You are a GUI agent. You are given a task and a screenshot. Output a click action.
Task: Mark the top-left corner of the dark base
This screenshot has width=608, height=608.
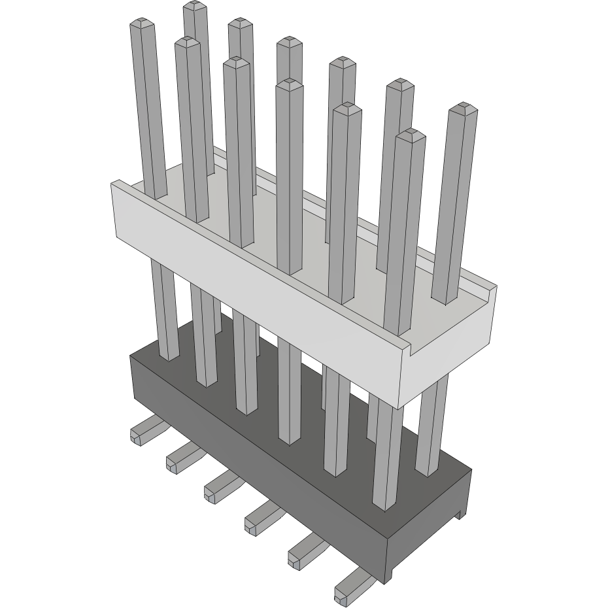point(133,357)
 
